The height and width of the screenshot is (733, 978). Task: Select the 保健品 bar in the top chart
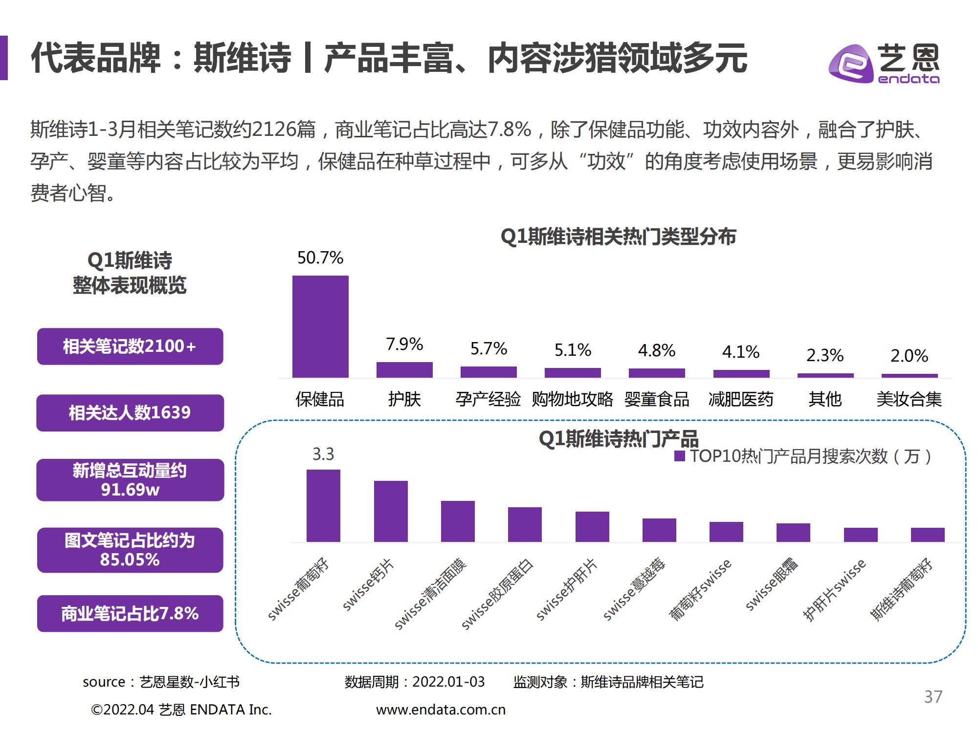point(320,326)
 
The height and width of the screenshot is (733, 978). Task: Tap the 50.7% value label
point(320,258)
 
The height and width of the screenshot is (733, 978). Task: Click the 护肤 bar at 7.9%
point(404,370)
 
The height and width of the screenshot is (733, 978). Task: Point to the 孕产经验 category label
point(488,399)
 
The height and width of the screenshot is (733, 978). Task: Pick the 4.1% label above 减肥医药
point(740,352)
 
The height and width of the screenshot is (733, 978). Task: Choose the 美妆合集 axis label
point(909,399)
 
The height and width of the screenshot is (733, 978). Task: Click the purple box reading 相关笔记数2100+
point(130,346)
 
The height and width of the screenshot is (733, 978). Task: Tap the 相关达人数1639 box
point(130,413)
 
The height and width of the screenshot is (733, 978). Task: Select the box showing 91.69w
point(130,480)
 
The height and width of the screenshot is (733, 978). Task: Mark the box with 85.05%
point(130,550)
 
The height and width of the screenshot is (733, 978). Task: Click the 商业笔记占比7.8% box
point(130,613)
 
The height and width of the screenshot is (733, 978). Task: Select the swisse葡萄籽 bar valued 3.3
point(323,506)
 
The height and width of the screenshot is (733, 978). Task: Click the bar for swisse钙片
point(391,512)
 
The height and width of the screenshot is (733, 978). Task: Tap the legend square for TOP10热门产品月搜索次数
point(679,456)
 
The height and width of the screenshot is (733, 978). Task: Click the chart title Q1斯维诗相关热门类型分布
point(618,237)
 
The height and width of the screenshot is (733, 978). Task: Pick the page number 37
point(933,696)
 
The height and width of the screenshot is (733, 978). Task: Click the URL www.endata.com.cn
point(441,710)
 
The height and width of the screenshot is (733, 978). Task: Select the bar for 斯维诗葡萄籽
point(928,535)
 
